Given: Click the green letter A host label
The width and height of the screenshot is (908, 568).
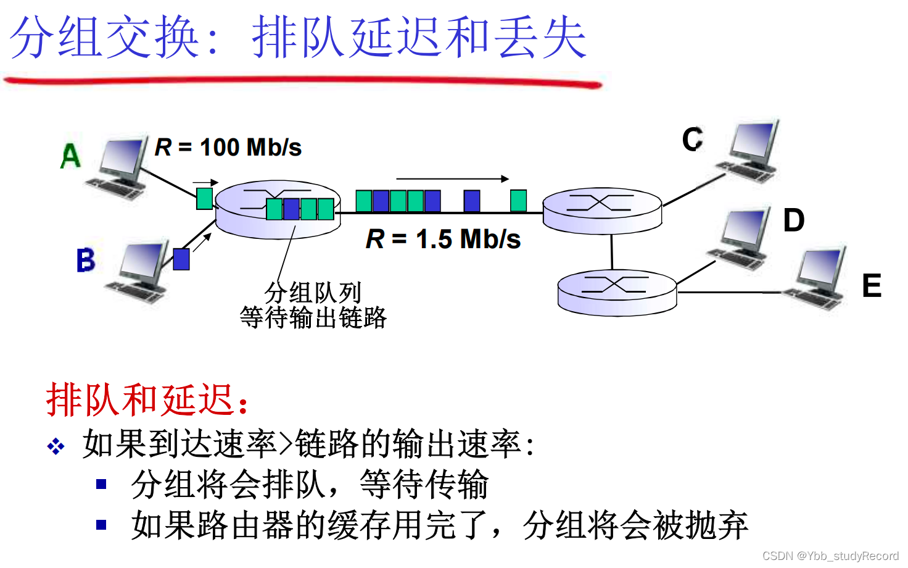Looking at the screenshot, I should [x=71, y=156].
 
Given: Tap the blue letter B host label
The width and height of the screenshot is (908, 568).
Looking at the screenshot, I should [x=86, y=260].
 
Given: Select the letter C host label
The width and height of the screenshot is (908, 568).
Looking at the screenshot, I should [x=693, y=139].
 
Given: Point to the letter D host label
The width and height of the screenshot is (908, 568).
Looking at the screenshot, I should [x=794, y=220].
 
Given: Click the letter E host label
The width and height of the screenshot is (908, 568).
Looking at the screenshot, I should [x=872, y=286].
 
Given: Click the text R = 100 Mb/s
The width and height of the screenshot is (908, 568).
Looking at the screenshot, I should [x=228, y=148].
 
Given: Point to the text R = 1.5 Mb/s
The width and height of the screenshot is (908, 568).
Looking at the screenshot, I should [x=443, y=239].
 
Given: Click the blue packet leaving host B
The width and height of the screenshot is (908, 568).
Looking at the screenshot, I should [x=181, y=259].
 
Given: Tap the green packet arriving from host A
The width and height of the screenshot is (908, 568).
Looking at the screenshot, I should [x=204, y=198].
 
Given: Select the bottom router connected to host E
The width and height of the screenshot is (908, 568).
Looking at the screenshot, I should [x=617, y=292].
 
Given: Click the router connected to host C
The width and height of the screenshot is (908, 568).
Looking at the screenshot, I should [x=602, y=211].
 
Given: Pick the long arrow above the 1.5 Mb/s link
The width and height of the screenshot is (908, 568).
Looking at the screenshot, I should [x=452, y=179].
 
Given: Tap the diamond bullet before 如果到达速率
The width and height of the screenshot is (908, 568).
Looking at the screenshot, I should [x=56, y=446].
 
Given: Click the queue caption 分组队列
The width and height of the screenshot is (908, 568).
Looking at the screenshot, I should [x=313, y=292].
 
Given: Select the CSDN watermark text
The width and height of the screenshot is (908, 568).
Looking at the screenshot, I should [x=830, y=556].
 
